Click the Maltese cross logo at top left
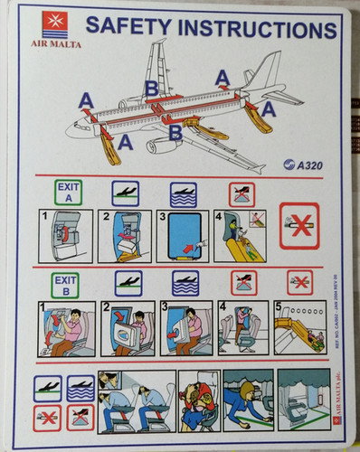tap(54, 24)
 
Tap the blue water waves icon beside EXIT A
tap(182, 192)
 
